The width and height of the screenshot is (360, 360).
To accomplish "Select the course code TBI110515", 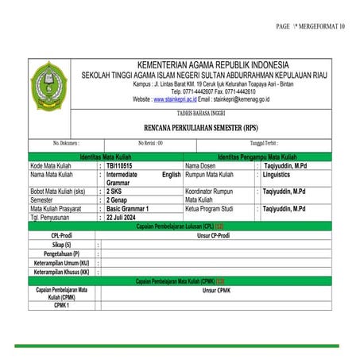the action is (120, 165).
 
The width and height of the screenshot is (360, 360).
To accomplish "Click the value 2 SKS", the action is (115, 192).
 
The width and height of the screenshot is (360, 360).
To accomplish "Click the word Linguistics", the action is (282, 173).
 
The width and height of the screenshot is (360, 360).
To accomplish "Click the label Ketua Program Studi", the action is (211, 208).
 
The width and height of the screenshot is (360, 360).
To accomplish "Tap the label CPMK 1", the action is (61, 304).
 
